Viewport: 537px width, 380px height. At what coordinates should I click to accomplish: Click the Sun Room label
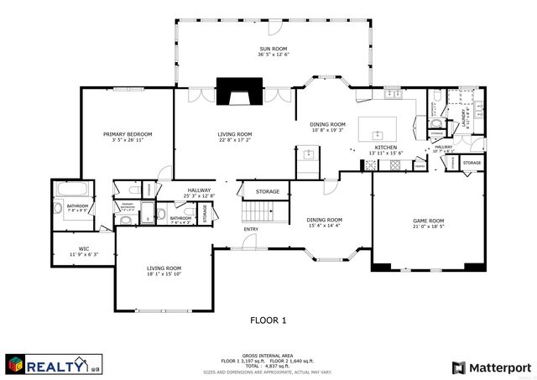[x=274, y=52]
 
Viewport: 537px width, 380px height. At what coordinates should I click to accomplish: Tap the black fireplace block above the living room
[x=240, y=90]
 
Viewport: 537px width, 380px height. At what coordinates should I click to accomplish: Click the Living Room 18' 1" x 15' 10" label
[x=164, y=270]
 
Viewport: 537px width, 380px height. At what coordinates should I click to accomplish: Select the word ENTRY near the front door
[x=252, y=229]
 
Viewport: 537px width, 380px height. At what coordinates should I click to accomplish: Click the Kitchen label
[x=386, y=149]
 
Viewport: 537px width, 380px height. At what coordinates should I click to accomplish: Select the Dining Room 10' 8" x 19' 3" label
[x=328, y=128]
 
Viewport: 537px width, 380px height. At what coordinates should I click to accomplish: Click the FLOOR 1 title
[x=268, y=320]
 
